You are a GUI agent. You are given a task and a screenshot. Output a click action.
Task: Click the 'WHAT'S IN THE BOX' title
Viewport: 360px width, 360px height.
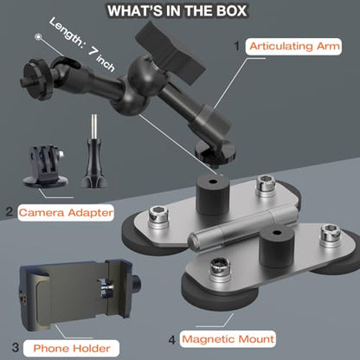pyautogui.click(x=177, y=10)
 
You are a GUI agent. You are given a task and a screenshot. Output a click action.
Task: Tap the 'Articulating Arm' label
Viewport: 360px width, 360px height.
pyautogui.click(x=294, y=46)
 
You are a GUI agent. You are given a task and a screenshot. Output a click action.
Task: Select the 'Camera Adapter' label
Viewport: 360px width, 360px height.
pyautogui.click(x=66, y=213)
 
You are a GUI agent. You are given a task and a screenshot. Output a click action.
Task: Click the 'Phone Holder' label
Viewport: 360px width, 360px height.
pyautogui.click(x=72, y=348)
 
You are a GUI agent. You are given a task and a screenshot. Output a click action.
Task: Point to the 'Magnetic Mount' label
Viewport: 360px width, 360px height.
pyautogui.click(x=228, y=338)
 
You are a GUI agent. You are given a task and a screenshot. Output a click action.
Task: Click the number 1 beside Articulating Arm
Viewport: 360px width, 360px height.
pyautogui.click(x=237, y=46)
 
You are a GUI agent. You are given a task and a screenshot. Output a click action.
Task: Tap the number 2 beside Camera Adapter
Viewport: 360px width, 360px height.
pyautogui.click(x=10, y=212)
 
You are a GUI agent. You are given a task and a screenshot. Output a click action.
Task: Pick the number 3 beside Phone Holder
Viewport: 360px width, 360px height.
pyautogui.click(x=16, y=347)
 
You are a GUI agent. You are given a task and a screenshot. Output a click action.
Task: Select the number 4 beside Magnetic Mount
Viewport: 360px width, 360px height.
pyautogui.click(x=172, y=340)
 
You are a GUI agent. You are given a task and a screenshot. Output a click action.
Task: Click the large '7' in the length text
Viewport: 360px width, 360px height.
pyautogui.click(x=93, y=51)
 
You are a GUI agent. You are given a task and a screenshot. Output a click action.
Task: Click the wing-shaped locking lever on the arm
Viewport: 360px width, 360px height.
pyautogui.click(x=170, y=54)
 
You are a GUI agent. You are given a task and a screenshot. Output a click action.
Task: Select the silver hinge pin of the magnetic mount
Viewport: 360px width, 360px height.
pyautogui.click(x=243, y=228)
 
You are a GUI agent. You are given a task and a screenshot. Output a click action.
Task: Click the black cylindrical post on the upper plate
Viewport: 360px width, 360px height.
pyautogui.click(x=213, y=194)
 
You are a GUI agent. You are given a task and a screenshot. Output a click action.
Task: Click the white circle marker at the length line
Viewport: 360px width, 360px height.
pyautogui.click(x=38, y=37)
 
